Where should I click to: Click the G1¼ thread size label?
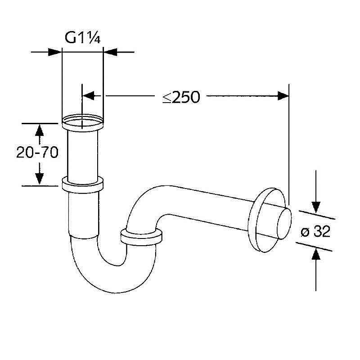click(83, 38)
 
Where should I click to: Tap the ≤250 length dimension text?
click(181, 97)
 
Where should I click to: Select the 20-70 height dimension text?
click(37, 152)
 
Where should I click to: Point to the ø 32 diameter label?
click(315, 231)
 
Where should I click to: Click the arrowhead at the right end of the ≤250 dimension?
click(283, 96)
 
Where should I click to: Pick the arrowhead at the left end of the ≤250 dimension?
click(88, 95)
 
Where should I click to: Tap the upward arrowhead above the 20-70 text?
click(40, 130)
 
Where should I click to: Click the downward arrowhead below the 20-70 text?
click(40, 179)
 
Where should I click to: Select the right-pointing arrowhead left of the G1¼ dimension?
click(55, 52)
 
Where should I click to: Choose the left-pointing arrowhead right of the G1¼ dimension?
click(110, 52)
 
